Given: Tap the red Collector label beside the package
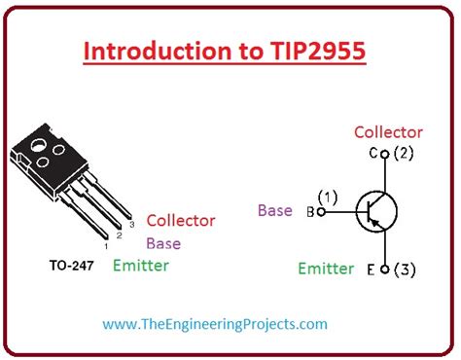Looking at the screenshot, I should pos(181,221).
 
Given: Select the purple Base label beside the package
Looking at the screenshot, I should pos(162,243).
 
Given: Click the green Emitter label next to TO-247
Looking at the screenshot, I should pos(140,265).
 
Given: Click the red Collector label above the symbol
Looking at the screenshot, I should pos(388,132).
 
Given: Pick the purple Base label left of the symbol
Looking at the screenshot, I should pos(275,209).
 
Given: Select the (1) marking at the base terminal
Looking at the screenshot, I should pos(327,198).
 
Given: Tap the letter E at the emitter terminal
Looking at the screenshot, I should pos(372,269).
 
